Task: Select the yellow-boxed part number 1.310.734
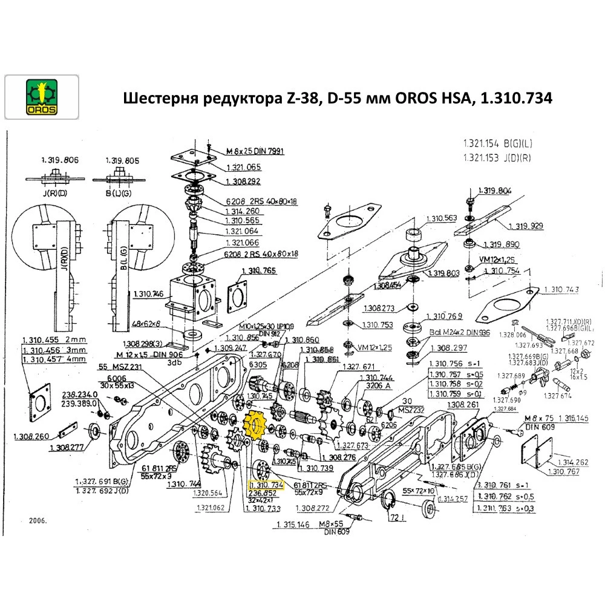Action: point(266,485)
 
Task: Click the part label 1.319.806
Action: point(60,160)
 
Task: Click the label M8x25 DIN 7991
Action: point(255,151)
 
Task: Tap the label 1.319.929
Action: point(526,226)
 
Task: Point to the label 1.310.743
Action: point(561,290)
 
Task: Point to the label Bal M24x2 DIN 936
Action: point(460,333)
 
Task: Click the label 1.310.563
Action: point(442,219)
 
